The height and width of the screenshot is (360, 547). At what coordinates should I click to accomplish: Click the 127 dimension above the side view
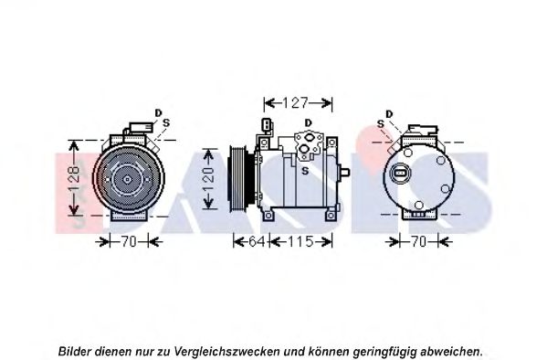tap(296, 103)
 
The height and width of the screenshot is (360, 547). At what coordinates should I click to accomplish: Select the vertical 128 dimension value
tap(74, 178)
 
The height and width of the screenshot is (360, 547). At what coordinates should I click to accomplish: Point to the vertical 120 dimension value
tap(208, 179)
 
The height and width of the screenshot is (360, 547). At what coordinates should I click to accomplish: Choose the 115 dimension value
tap(300, 241)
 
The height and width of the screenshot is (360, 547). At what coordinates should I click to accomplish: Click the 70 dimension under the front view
tap(129, 241)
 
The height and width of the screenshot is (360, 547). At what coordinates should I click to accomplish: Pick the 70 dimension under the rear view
tap(419, 241)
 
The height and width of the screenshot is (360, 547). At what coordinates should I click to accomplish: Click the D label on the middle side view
tap(308, 123)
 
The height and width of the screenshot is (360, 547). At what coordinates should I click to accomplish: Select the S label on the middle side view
tap(305, 171)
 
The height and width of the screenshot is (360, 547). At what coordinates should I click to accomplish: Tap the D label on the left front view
tap(158, 113)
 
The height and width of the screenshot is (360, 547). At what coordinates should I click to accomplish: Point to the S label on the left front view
tap(166, 123)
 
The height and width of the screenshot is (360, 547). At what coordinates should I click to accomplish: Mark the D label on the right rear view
tap(389, 114)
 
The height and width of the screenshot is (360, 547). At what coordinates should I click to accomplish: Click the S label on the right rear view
tap(381, 123)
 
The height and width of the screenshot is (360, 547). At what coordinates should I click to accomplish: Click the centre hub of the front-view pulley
tap(128, 179)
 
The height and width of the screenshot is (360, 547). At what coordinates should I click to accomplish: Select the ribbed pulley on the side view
tap(238, 179)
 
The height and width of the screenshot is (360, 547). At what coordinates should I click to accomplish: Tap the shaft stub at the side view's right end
tap(344, 172)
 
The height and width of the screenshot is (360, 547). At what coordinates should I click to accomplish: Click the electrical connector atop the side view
tap(267, 126)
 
